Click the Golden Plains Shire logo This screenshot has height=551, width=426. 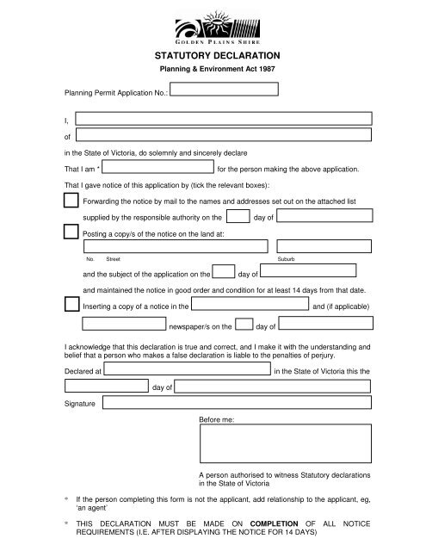pos(212,26)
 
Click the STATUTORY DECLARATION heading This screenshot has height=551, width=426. pos(212,56)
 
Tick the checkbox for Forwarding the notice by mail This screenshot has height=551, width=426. pos(71,201)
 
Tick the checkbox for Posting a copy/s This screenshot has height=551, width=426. pos(71,232)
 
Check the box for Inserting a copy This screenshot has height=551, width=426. pos(71,304)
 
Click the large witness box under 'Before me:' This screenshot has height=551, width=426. pos(285,446)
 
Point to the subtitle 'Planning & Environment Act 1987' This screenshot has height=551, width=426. pos(212,70)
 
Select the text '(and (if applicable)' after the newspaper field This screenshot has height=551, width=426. pos(341,306)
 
